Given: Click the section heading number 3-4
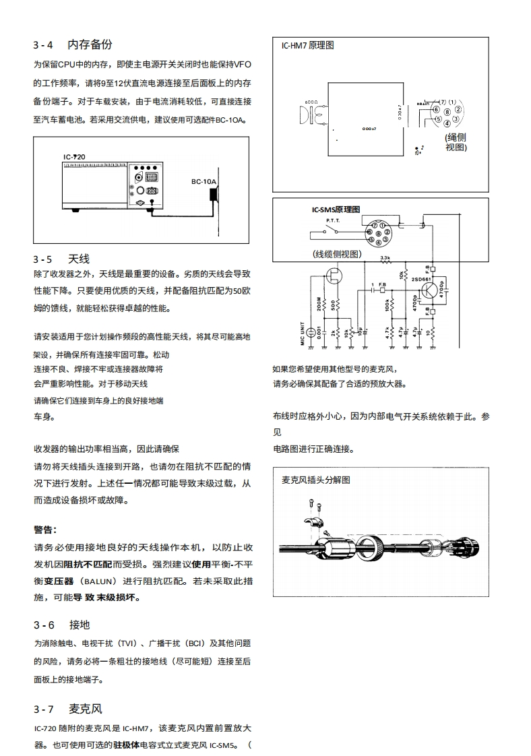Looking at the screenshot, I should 42,45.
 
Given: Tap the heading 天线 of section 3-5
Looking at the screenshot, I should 78,259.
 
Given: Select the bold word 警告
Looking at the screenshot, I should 44,529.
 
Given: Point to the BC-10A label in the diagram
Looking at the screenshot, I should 203,181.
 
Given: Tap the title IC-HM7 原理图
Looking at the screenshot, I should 307,46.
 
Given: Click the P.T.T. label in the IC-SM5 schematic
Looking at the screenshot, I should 334,220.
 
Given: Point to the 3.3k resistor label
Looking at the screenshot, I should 385,258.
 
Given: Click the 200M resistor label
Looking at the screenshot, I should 319,305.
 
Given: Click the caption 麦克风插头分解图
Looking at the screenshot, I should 315,480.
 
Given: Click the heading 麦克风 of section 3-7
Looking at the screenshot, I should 85,709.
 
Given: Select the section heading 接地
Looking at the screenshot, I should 78,625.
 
